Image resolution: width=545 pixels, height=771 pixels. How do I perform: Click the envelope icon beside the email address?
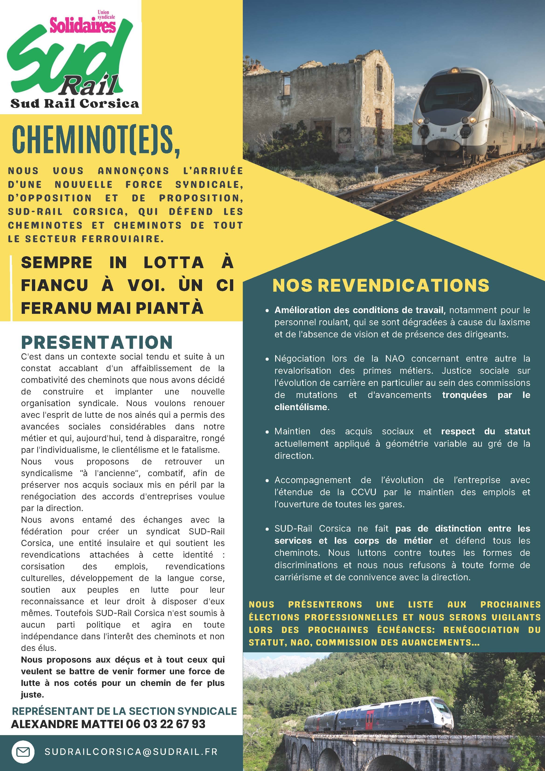pos(23,751)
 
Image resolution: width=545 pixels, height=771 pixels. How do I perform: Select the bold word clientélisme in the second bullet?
pos(301,407)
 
